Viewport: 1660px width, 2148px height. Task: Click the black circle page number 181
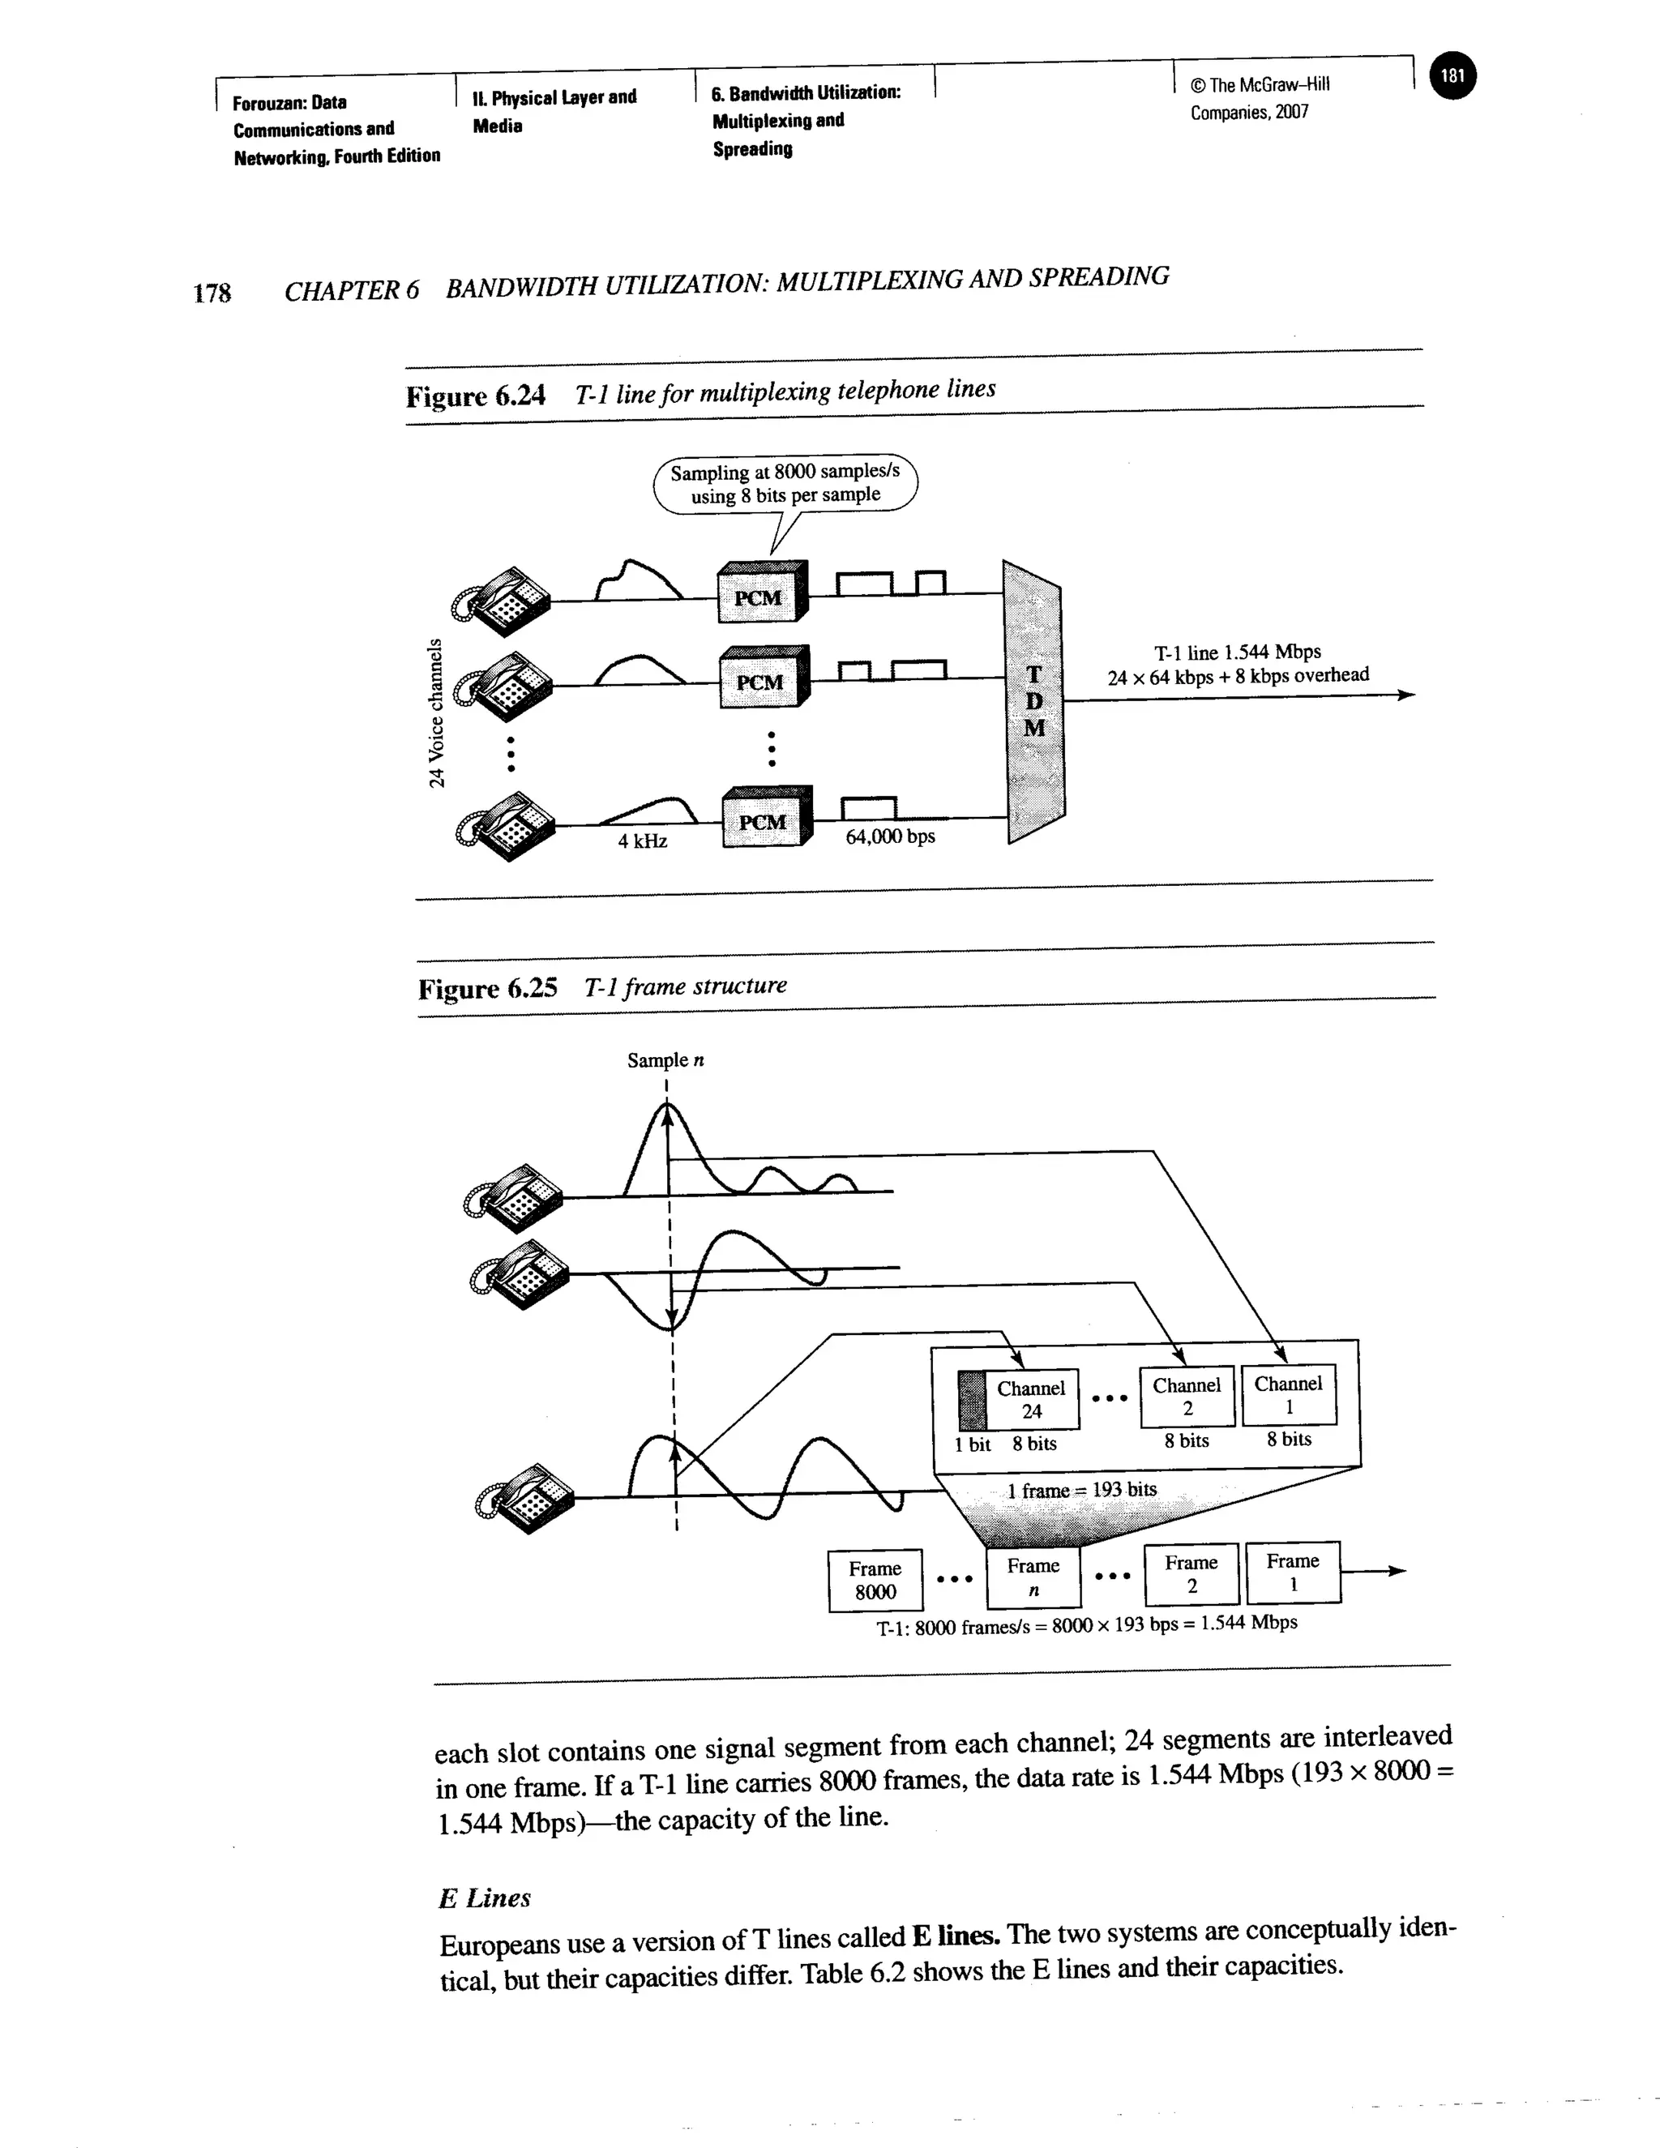(x=1452, y=75)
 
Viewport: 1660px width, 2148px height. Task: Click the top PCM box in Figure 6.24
(x=760, y=594)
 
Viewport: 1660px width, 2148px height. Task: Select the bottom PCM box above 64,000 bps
(x=765, y=819)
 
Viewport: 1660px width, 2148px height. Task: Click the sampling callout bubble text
(x=785, y=484)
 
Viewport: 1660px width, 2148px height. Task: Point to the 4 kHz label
(x=642, y=841)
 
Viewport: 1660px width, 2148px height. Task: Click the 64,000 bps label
(x=890, y=837)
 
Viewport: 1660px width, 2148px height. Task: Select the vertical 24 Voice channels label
(x=435, y=713)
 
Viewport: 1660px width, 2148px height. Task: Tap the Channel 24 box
(x=1031, y=1398)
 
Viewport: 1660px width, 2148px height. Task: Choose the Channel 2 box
(x=1187, y=1396)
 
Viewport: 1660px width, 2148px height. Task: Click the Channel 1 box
(x=1288, y=1393)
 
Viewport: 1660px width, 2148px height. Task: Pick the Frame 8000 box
(x=875, y=1580)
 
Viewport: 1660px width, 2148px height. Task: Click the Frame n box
(x=1033, y=1577)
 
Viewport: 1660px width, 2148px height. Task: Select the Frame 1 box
(x=1292, y=1572)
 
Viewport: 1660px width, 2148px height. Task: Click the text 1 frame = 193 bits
(x=1082, y=1490)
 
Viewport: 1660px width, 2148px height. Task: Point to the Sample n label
(x=665, y=1060)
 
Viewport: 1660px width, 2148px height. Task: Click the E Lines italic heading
(x=485, y=1898)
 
